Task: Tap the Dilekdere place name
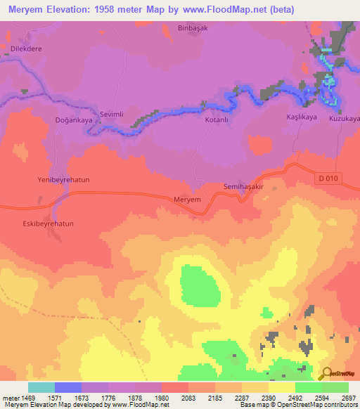(x=27, y=48)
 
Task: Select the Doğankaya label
(x=74, y=120)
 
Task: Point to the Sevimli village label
(x=112, y=114)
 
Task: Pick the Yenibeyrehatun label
(x=63, y=180)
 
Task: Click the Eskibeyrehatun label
(x=44, y=223)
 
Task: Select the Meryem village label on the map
(x=187, y=200)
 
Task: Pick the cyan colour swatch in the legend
(x=41, y=387)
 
